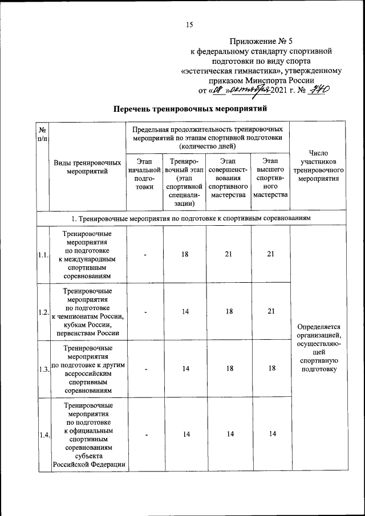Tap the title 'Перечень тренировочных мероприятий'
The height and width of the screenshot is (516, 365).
click(x=190, y=108)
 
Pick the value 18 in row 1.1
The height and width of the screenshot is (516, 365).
click(x=185, y=254)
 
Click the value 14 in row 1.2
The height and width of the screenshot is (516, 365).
click(x=185, y=311)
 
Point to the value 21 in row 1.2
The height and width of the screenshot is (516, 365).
click(x=271, y=311)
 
